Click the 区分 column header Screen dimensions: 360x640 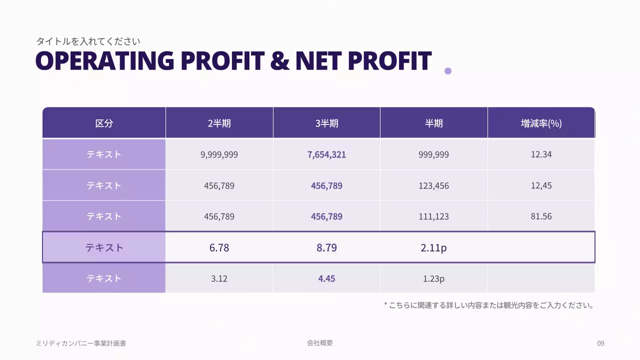point(104,123)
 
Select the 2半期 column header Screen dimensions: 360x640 point(219,123)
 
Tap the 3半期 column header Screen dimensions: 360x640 point(326,123)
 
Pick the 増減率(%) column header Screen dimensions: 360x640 point(541,123)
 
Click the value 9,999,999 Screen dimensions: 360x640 point(219,154)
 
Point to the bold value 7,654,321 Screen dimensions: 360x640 point(326,154)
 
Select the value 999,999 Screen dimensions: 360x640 point(433,154)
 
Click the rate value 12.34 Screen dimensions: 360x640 point(541,154)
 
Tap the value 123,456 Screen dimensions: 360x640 point(433,186)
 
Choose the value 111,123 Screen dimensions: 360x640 point(433,217)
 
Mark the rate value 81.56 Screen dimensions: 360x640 point(541,217)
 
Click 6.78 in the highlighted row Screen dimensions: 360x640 point(219,247)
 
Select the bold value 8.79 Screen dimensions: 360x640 point(326,247)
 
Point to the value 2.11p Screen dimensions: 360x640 point(433,247)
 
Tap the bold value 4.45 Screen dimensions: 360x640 point(326,278)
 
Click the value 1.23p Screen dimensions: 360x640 point(433,278)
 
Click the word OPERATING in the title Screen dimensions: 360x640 point(104,61)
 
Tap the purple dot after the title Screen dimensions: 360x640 point(448,71)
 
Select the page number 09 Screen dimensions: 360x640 point(600,343)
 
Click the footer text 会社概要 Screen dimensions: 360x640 point(320,343)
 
